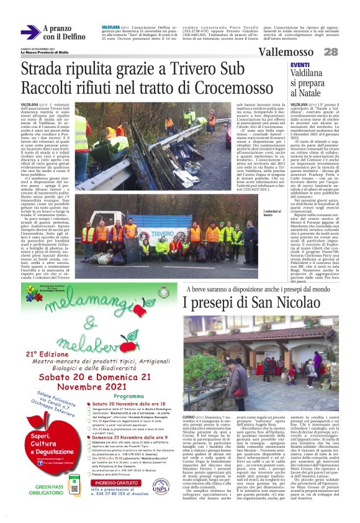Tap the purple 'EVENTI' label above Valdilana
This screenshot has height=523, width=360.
pyautogui.click(x=300, y=65)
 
